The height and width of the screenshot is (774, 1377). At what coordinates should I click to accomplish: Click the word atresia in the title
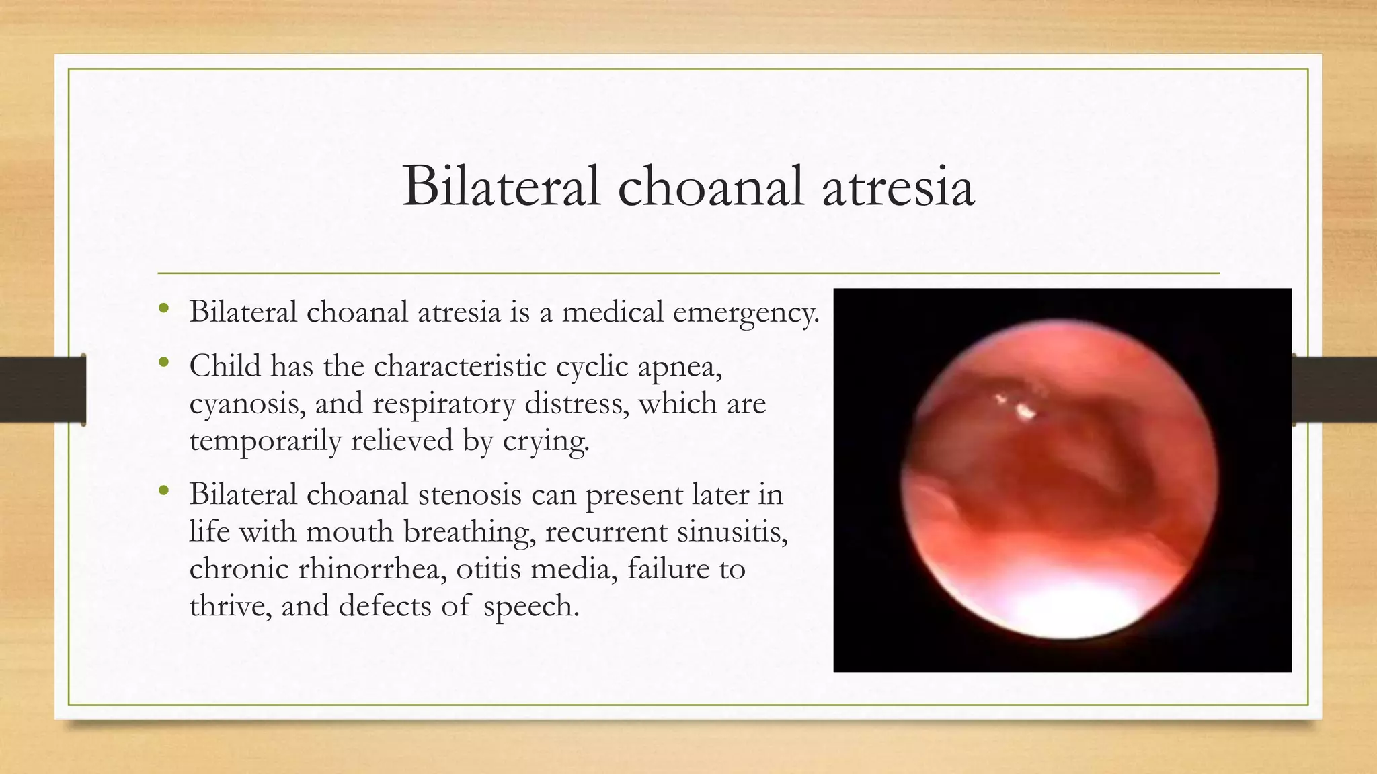point(898,187)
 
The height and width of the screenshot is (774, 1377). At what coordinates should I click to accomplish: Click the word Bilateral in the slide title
point(501,187)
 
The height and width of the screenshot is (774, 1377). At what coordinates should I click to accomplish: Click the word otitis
point(488,570)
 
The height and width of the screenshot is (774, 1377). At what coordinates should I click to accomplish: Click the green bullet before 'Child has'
point(163,363)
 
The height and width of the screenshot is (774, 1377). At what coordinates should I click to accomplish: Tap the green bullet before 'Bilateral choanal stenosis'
point(163,492)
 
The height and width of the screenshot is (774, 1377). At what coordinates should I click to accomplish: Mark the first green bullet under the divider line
point(163,310)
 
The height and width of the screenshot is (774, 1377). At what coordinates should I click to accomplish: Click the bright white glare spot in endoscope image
point(1024,409)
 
